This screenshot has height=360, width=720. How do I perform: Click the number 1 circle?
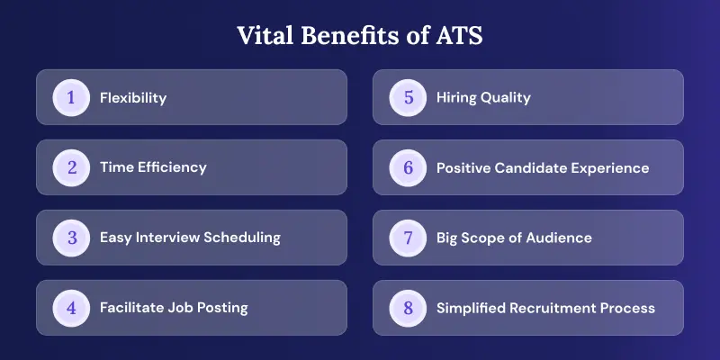(x=71, y=97)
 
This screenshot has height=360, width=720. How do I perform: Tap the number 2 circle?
(x=71, y=167)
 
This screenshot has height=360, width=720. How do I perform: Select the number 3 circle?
(x=71, y=238)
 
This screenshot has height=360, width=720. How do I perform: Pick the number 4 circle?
(x=71, y=308)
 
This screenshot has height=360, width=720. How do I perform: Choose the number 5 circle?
(x=408, y=97)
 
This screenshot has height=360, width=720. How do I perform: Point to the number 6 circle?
(x=408, y=167)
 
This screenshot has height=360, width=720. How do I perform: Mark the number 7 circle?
(x=408, y=238)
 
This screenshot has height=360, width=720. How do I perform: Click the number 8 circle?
(x=408, y=308)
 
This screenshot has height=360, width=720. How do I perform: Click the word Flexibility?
(x=133, y=98)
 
